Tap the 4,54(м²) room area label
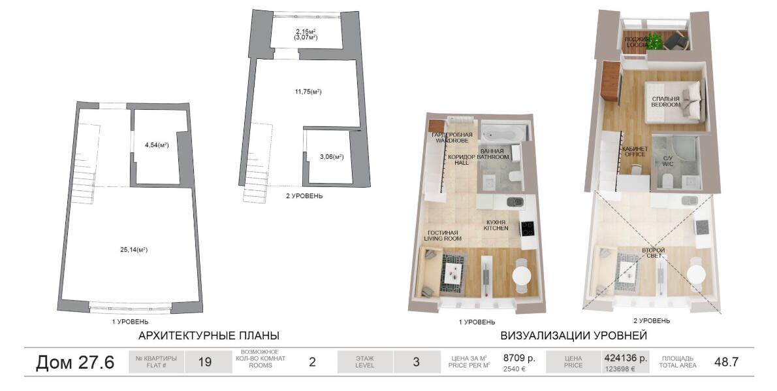[157, 145]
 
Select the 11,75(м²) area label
[308, 92]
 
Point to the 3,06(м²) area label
[332, 157]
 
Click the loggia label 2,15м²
[305, 31]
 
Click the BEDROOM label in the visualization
[665, 105]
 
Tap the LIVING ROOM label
[443, 239]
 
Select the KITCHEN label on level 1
[496, 228]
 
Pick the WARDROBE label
[451, 141]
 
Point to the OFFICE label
[635, 154]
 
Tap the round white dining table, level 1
[521, 275]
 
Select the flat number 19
[204, 362]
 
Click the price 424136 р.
[626, 357]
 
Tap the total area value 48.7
[726, 362]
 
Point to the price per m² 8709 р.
[519, 357]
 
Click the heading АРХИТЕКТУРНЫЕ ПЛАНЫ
[209, 336]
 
